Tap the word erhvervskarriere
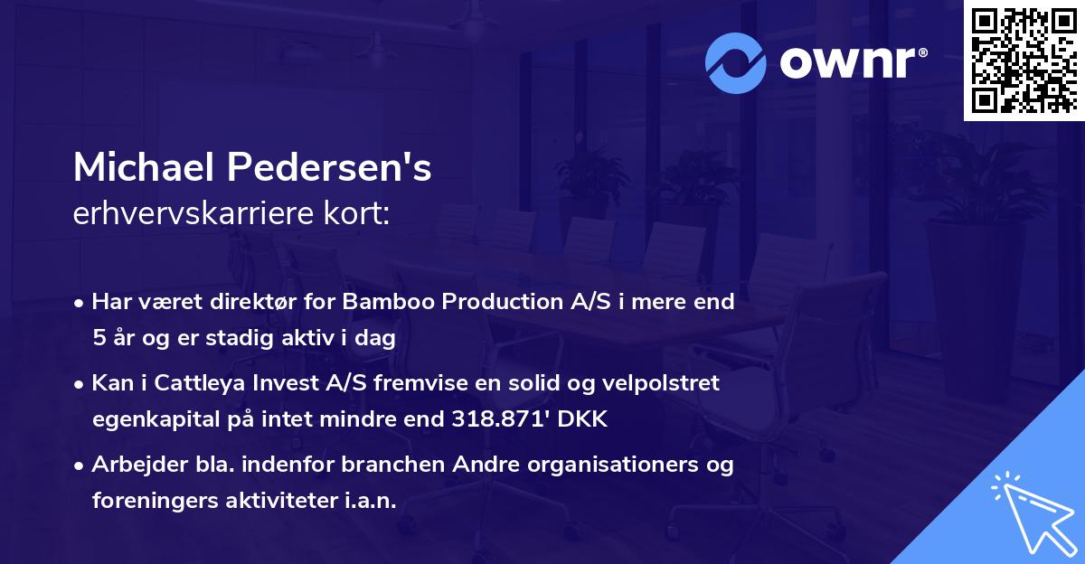[x=180, y=214]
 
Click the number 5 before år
[x=99, y=338]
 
